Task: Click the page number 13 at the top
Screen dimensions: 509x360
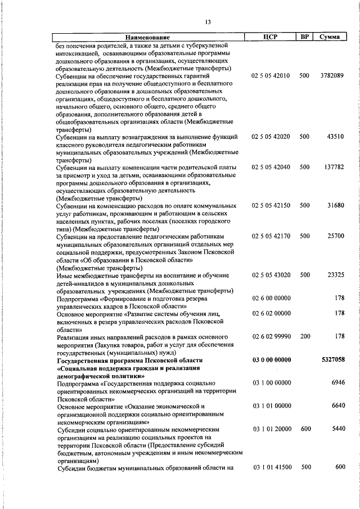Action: (x=208, y=22)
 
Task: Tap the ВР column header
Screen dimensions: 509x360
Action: (x=304, y=37)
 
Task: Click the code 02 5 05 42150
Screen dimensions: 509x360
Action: (x=271, y=205)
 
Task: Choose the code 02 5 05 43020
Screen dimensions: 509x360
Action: (x=271, y=275)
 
